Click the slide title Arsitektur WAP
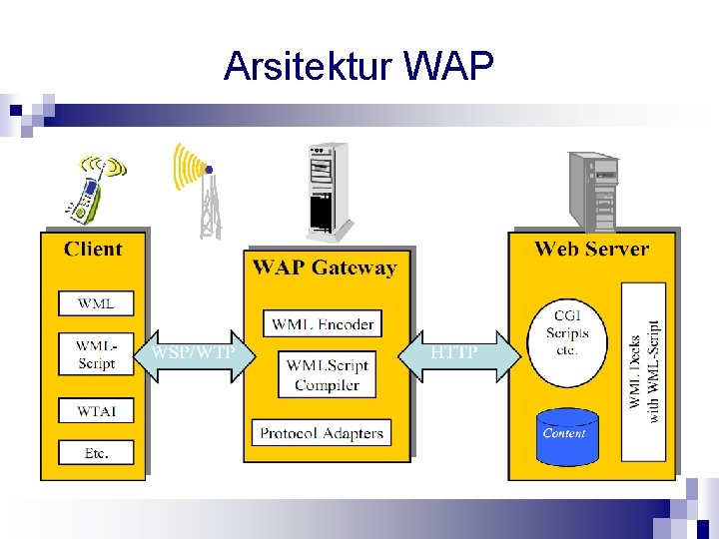point(359,66)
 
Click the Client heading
point(93,250)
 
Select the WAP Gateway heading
point(325,268)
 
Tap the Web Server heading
point(591,250)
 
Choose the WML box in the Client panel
point(96,303)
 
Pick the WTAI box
point(96,410)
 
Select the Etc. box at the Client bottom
point(96,453)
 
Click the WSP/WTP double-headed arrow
point(195,354)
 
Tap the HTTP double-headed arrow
point(459,354)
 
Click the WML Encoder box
point(323,323)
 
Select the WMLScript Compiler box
point(327,375)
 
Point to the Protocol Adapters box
point(322,433)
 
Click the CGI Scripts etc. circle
point(567,342)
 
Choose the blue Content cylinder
point(567,437)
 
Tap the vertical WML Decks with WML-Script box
point(644,371)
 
